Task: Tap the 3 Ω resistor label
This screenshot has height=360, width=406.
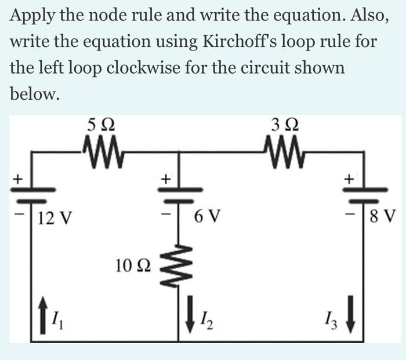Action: (285, 125)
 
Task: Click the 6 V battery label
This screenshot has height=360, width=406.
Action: (207, 219)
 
